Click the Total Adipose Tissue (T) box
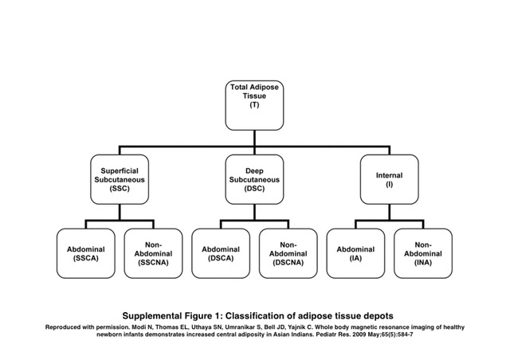254,105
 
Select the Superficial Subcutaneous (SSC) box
120,179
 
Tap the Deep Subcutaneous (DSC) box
254,179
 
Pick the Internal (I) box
390,179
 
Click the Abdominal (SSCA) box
86,253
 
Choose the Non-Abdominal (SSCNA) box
153,253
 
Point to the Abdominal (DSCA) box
221,253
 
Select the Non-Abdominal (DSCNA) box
288,253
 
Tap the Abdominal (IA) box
355,253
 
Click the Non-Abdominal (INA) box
423,253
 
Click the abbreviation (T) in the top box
254,104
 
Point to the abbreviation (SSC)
120,189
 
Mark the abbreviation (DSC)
254,189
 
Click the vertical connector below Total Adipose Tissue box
254,139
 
